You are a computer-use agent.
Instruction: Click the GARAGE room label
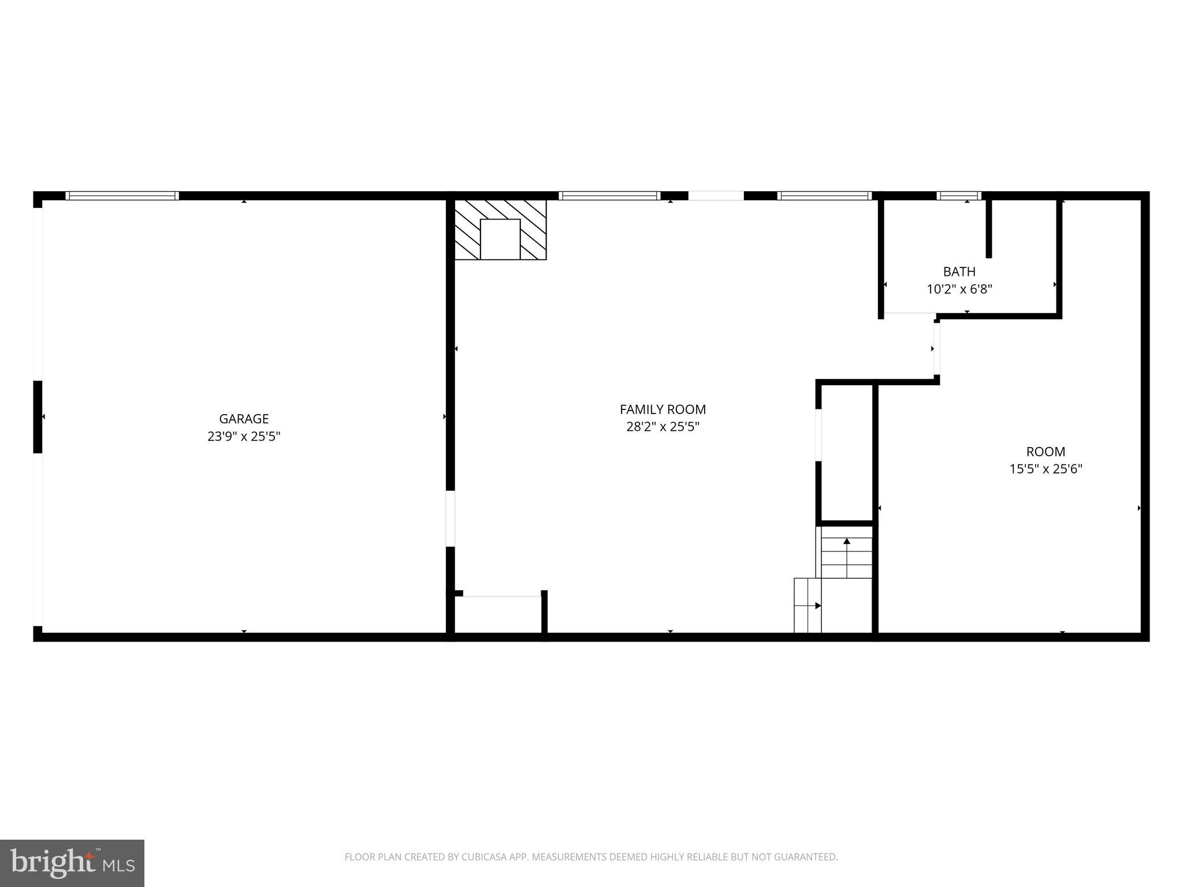point(244,419)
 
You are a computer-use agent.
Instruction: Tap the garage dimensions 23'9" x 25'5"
point(244,437)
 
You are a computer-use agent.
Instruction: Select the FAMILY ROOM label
point(663,409)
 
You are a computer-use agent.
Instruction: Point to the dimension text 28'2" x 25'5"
point(663,427)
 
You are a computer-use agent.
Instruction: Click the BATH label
point(959,271)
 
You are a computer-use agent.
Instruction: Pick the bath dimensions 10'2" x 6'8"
point(959,289)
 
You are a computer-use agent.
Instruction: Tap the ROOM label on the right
point(1045,452)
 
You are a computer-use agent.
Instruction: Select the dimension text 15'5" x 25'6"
point(1045,469)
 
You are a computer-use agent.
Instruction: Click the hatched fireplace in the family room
point(500,230)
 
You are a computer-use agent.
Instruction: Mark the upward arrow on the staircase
point(847,542)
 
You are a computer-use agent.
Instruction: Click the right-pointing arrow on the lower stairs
point(817,606)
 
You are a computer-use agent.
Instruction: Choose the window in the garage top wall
point(122,196)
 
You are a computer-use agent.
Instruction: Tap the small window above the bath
point(959,196)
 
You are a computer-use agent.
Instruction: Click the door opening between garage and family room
point(451,519)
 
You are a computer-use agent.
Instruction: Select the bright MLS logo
point(72,863)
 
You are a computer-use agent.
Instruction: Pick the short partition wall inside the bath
point(988,229)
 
